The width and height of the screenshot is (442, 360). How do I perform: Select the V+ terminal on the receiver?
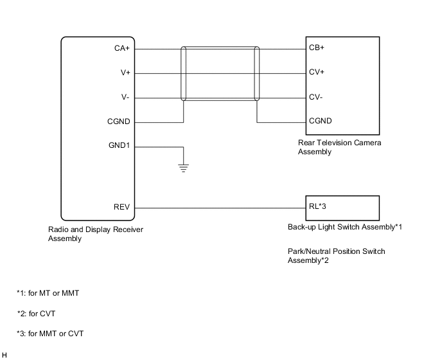[x=125, y=73]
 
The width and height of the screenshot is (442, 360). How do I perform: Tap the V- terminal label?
[x=126, y=97]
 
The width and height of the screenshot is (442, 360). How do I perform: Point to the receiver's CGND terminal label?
[x=119, y=121]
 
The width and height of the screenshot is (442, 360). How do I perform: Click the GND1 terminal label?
[x=119, y=145]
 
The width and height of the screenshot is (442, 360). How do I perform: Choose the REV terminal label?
[x=122, y=207]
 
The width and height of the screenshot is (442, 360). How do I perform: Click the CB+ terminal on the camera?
[x=317, y=48]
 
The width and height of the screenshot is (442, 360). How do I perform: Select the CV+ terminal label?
[x=317, y=73]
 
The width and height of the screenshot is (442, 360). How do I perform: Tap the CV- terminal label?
[x=316, y=97]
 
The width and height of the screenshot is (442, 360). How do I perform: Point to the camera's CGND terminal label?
[x=321, y=121]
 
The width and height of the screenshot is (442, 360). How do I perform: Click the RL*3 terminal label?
[x=318, y=207]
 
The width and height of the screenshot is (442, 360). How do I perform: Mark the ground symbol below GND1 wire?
[x=184, y=169]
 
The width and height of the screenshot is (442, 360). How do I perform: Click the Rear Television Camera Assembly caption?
[x=339, y=147]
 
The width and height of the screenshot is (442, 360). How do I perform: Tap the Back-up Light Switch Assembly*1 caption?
[x=344, y=227]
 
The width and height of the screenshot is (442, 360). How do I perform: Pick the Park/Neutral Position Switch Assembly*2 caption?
[x=336, y=256]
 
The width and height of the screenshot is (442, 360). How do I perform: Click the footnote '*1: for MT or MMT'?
[x=48, y=293]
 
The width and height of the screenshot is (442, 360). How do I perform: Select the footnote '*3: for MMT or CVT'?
[x=50, y=334]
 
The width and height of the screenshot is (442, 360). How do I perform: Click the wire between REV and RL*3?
[x=218, y=208]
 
